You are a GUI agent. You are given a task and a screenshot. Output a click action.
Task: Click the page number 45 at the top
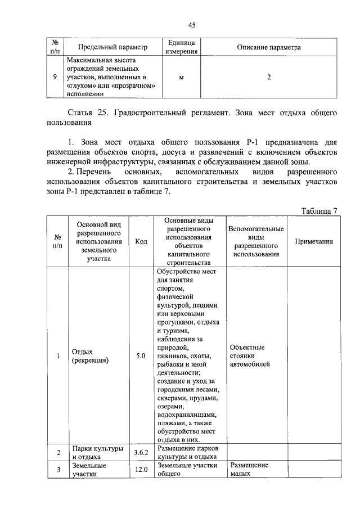pyautogui.click(x=191, y=25)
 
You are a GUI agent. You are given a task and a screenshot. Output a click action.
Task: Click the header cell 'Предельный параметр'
pyautogui.click(x=112, y=47)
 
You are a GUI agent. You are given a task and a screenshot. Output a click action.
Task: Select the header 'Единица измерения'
pyautogui.click(x=181, y=47)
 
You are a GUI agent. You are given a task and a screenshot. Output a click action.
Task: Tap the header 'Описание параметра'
pyautogui.click(x=269, y=47)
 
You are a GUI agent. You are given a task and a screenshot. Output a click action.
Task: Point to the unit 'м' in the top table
pyautogui.click(x=181, y=77)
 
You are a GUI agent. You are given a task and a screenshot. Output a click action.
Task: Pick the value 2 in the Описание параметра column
pyautogui.click(x=269, y=77)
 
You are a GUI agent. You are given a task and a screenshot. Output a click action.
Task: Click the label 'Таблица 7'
pyautogui.click(x=319, y=211)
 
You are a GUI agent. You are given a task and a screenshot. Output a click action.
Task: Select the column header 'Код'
pyautogui.click(x=141, y=241)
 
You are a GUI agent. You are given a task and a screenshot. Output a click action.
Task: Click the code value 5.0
pyautogui.click(x=141, y=355)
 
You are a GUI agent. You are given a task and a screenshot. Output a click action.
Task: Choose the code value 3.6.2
pyautogui.click(x=141, y=452)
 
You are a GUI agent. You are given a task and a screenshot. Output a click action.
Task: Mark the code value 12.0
pyautogui.click(x=141, y=469)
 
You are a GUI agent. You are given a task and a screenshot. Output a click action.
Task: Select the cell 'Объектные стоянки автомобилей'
pyautogui.click(x=249, y=355)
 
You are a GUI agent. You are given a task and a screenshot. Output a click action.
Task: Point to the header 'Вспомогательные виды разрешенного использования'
pyautogui.click(x=256, y=241)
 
